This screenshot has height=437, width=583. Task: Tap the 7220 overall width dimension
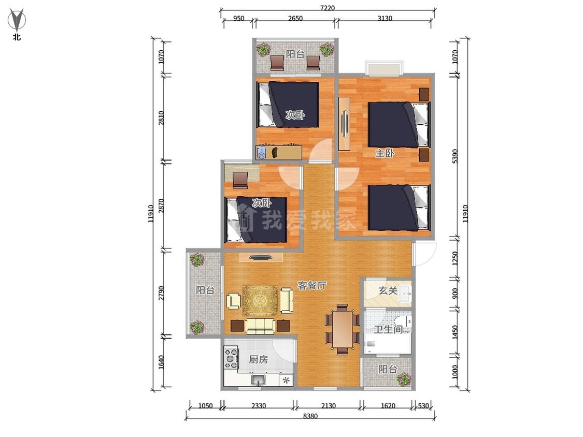pyautogui.click(x=327, y=8)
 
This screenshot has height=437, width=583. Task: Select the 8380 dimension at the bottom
pyautogui.click(x=310, y=416)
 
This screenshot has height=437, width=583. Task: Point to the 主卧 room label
pyautogui.click(x=385, y=153)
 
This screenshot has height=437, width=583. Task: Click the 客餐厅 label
pyautogui.click(x=312, y=285)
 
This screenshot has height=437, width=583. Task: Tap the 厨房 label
pyautogui.click(x=258, y=359)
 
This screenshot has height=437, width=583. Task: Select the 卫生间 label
pyautogui.click(x=388, y=329)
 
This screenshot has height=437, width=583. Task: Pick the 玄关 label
pyautogui.click(x=388, y=290)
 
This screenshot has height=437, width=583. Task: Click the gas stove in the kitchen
pyautogui.click(x=231, y=357)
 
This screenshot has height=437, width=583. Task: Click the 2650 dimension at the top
pyautogui.click(x=295, y=18)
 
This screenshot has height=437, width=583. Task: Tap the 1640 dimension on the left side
pyautogui.click(x=161, y=362)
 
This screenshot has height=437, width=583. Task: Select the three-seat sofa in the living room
pyautogui.click(x=260, y=326)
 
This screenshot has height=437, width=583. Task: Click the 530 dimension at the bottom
pyautogui.click(x=423, y=406)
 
